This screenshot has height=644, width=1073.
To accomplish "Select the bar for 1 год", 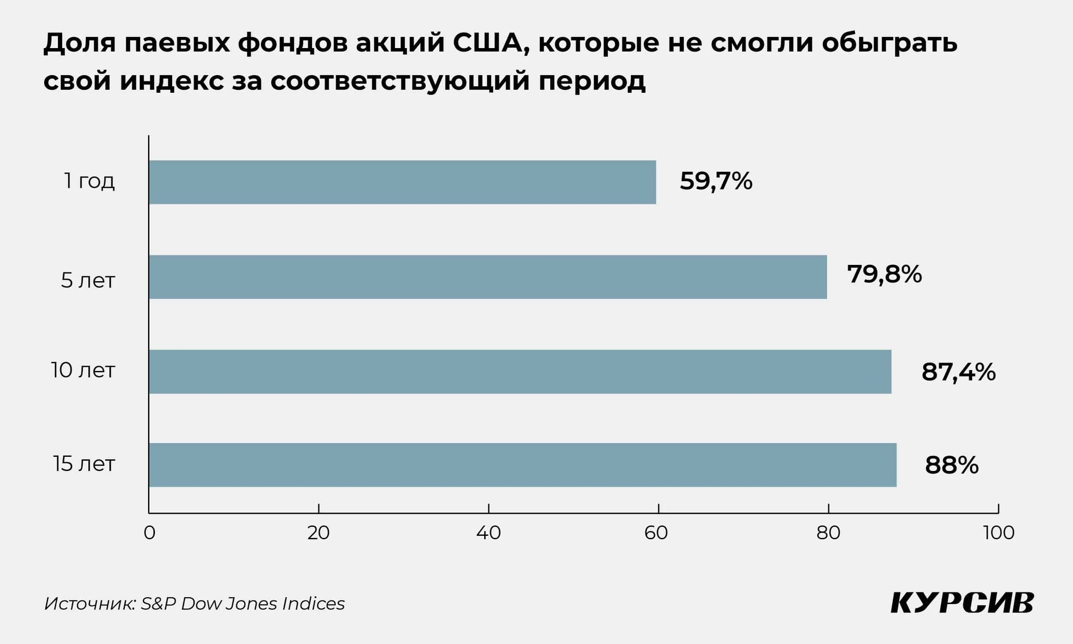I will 402,182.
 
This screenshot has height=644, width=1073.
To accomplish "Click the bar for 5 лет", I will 488,277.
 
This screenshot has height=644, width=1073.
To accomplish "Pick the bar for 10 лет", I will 520,371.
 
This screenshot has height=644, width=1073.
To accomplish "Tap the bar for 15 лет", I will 523,465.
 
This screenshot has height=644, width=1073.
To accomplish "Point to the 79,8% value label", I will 884,274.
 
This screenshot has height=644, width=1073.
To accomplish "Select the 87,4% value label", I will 958,372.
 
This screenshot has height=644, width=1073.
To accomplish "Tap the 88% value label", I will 952,465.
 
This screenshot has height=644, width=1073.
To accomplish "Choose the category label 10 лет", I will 83,371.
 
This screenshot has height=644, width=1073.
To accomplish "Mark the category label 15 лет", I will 84,464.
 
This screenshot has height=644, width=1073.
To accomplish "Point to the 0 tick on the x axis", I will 149,533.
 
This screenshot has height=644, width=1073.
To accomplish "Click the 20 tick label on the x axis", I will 318,533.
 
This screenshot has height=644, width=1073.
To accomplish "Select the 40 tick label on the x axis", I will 488,533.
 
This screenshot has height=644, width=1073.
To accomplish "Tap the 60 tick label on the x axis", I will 656,533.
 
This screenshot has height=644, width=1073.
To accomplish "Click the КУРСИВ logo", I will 962,603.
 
